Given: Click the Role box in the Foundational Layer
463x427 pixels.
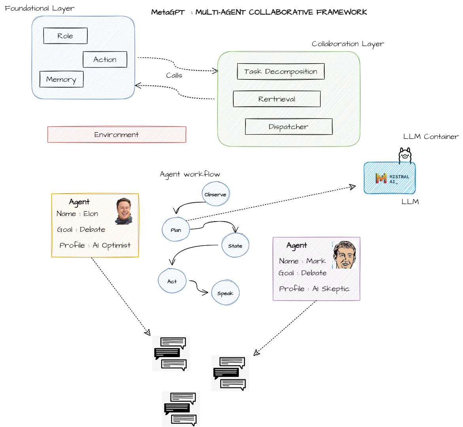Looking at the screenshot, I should pos(65,36).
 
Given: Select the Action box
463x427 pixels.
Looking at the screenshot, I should pos(105,60).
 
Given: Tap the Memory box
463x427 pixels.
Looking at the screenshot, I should pos(61,79).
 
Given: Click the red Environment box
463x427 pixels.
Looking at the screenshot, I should pos(117,135).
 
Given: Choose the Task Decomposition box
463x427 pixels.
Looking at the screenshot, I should pos(281,71).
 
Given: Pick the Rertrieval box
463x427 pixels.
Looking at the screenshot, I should pos(277,99).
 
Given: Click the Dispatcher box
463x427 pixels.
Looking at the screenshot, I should pos(289,127).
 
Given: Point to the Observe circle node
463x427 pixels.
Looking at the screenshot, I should pos(215,194).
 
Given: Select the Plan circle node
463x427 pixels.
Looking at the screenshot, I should pos(176,229).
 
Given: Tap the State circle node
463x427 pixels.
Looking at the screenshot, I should pos(235,245).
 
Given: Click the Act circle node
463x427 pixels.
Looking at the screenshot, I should pos(172,281).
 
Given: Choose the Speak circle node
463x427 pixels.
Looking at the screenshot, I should pos(225,293).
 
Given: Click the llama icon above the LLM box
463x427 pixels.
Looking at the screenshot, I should pos(405,155).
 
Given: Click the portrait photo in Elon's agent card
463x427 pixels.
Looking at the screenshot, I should pos(124,211).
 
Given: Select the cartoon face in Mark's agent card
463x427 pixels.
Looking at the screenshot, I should pos(344,255).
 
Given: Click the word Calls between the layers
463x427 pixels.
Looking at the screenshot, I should pos(174,75).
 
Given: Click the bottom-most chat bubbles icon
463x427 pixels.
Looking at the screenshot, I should pos(181,409).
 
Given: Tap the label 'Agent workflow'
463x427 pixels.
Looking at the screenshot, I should pos(190,174).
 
